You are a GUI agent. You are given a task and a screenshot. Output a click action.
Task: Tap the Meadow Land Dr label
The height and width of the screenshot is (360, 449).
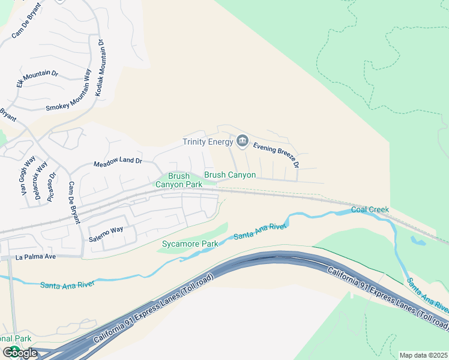[118, 162]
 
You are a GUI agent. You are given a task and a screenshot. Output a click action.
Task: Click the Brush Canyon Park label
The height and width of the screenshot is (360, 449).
[178, 180]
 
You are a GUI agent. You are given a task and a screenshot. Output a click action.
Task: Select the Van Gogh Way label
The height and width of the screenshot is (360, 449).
[28, 176]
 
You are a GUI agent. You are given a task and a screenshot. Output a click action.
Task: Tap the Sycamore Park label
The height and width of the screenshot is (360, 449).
[190, 244]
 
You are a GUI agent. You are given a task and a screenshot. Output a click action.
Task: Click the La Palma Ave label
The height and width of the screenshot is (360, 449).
[36, 257]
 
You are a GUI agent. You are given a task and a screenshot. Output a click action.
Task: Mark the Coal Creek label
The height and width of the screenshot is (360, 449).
[370, 209]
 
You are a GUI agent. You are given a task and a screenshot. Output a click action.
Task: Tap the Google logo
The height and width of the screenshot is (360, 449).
[20, 353]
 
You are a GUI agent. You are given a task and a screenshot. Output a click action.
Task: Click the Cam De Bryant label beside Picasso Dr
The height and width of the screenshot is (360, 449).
[74, 203]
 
